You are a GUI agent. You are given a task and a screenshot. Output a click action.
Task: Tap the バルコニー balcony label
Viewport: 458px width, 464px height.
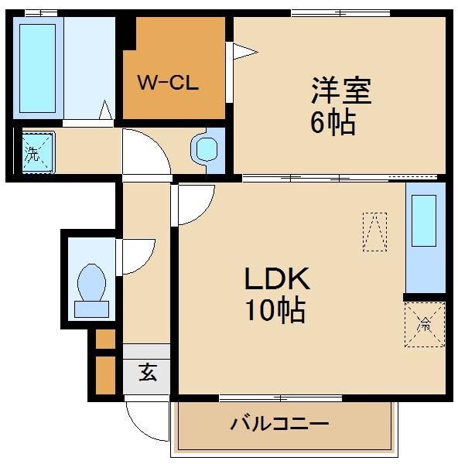[x=280, y=424]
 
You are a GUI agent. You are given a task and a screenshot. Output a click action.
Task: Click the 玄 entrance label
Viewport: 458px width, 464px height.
[x=147, y=373]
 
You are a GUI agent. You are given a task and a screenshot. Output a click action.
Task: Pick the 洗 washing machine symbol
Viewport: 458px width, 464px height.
[x=33, y=152]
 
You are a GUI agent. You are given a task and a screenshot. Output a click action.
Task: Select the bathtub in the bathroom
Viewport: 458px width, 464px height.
[x=37, y=68]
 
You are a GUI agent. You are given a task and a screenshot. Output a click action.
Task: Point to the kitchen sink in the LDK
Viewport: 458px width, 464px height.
[x=425, y=221]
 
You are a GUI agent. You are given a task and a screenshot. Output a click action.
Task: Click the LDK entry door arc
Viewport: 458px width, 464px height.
[x=193, y=203]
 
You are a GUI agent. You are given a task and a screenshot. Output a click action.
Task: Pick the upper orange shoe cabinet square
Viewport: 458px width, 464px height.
[x=105, y=339]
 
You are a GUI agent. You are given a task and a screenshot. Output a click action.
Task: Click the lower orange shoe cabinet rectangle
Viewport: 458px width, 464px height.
[x=105, y=374]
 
